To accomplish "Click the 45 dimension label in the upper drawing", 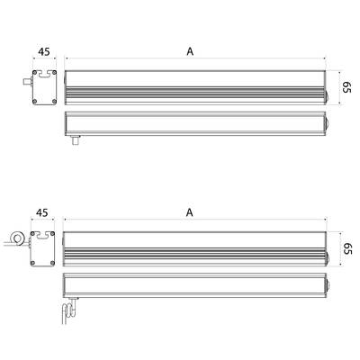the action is coord(44,51).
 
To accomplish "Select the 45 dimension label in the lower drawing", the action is coord(42,212).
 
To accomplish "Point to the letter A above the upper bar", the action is coord(190,51).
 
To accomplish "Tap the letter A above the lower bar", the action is coord(190,212).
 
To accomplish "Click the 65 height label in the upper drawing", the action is coord(346,87).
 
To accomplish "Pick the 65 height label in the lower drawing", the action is coord(346,248).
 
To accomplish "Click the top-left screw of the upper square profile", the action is coord(35,73).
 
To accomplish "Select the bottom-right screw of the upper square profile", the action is coord(54,101).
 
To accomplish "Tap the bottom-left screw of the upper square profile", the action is coord(35,101).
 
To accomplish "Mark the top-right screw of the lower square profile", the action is coord(53,233).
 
